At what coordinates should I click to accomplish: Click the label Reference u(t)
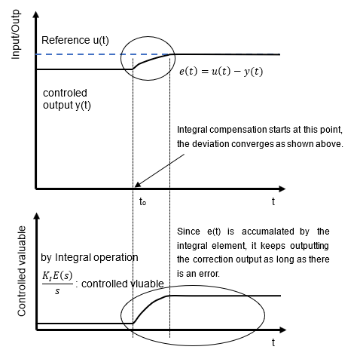[75, 40]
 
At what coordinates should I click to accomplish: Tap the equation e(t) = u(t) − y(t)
[221, 72]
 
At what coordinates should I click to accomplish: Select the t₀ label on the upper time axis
[142, 201]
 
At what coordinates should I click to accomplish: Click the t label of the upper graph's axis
[273, 201]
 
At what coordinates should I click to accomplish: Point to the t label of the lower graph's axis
[273, 342]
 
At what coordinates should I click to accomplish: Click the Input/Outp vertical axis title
[16, 35]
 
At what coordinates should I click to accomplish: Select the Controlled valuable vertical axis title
[22, 271]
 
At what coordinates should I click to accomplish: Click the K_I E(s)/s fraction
[57, 284]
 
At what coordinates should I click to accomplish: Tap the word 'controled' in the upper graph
[65, 93]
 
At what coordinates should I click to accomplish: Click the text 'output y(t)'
[67, 105]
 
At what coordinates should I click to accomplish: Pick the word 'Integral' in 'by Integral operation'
[73, 258]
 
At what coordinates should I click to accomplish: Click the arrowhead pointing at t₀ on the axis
[138, 185]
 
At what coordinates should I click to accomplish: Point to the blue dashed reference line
[103, 54]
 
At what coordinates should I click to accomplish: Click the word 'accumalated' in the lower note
[268, 232]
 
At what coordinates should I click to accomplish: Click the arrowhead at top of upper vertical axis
[36, 14]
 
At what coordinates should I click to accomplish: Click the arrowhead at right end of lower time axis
[282, 330]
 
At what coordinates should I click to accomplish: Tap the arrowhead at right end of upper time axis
[282, 189]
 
